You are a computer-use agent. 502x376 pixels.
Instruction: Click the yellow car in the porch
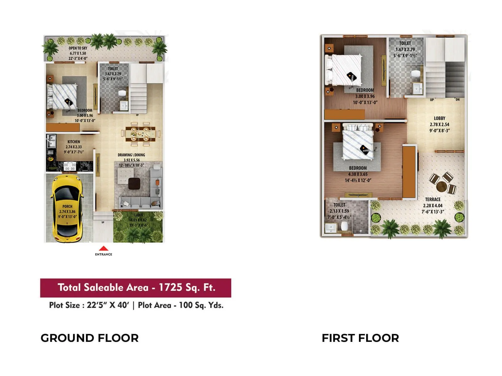[67, 208]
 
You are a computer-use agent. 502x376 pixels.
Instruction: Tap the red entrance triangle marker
[104, 248]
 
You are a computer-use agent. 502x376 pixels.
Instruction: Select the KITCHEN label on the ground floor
[74, 142]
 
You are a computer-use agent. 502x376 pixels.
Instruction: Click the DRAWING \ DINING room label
[131, 155]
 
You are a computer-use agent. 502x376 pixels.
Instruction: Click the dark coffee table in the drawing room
[134, 183]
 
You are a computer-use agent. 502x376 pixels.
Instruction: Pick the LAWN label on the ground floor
[139, 215]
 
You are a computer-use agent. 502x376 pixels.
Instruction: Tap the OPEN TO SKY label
[78, 48]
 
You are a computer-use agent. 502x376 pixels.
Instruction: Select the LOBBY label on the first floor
[439, 118]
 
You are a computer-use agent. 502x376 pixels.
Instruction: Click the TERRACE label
[433, 200]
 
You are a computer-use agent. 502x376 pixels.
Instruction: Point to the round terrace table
[441, 186]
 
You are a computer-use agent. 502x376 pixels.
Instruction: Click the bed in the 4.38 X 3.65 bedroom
[358, 143]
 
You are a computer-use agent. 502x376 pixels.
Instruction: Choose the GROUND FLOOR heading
[89, 338]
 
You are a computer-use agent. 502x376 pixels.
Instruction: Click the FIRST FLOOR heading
[360, 338]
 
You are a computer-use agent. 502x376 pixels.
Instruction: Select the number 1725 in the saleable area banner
[169, 287]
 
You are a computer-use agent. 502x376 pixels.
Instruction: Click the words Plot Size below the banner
[64, 305]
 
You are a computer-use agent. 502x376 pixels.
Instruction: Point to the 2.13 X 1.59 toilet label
[339, 211]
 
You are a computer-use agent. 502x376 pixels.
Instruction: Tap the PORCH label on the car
[67, 206]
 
